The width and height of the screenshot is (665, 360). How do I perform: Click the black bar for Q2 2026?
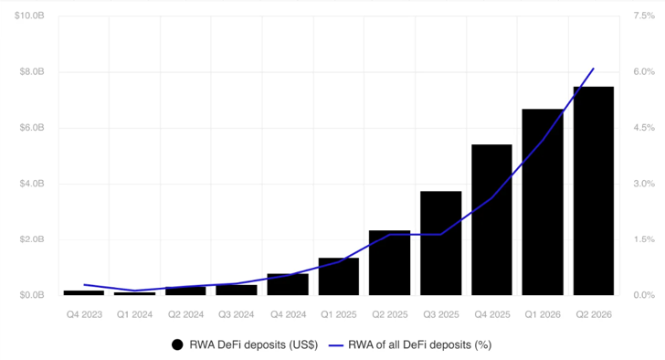594,191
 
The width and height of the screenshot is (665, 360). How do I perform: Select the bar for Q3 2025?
440,243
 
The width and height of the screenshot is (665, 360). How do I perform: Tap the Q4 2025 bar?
491,219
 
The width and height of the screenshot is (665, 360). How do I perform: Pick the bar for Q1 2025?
339,277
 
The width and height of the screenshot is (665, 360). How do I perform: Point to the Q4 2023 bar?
84,292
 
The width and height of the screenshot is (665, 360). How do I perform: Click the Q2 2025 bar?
390,263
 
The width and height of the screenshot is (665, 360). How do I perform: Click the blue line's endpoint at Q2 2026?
594,69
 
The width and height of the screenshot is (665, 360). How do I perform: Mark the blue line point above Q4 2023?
84,284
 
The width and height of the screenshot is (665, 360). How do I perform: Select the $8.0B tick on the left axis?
32,71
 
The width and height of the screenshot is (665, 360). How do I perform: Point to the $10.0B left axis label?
29,16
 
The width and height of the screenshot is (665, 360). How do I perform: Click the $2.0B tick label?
32,239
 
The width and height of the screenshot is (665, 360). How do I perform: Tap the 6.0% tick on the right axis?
644,71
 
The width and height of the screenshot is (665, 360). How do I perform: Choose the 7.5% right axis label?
644,16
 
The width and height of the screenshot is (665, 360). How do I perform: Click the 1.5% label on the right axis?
644,239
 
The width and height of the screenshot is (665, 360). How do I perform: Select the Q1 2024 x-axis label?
135,314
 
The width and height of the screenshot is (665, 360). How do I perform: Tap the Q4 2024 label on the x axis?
289,314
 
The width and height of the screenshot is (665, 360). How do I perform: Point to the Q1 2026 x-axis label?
543,314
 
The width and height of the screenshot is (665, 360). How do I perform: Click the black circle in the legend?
177,345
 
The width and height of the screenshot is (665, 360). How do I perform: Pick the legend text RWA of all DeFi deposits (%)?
420,345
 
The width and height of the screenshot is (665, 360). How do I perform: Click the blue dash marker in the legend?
336,345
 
